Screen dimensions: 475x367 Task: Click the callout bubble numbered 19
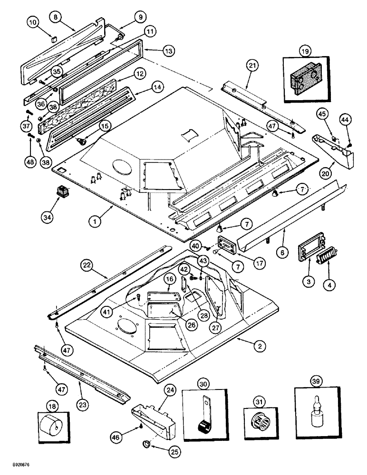(x=304, y=50)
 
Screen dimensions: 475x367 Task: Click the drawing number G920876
(x=16, y=469)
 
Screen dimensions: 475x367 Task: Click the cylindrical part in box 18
(x=53, y=423)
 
